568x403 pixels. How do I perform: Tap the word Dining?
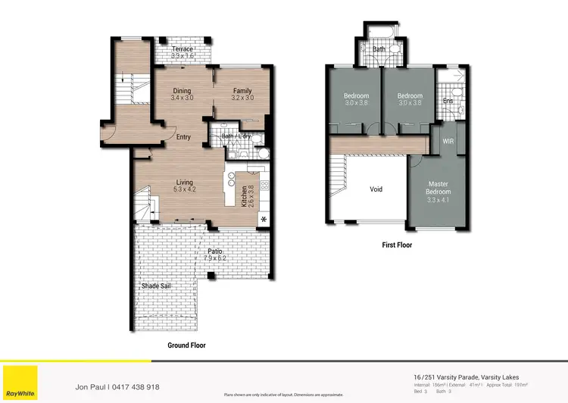(x=182, y=90)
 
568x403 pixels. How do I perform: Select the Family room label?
(x=242, y=90)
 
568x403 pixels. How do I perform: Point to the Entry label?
(x=183, y=137)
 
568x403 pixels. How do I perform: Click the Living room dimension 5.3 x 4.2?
(x=185, y=189)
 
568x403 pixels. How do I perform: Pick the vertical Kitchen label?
(x=244, y=195)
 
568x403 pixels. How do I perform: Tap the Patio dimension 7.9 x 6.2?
(x=215, y=258)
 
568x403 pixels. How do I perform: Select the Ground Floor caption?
(x=186, y=345)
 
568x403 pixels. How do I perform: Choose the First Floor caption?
(x=398, y=245)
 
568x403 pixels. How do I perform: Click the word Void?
(x=376, y=189)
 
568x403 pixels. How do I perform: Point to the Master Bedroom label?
(x=438, y=187)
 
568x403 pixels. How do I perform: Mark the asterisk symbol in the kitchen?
(x=264, y=219)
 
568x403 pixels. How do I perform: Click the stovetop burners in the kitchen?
(x=264, y=184)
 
